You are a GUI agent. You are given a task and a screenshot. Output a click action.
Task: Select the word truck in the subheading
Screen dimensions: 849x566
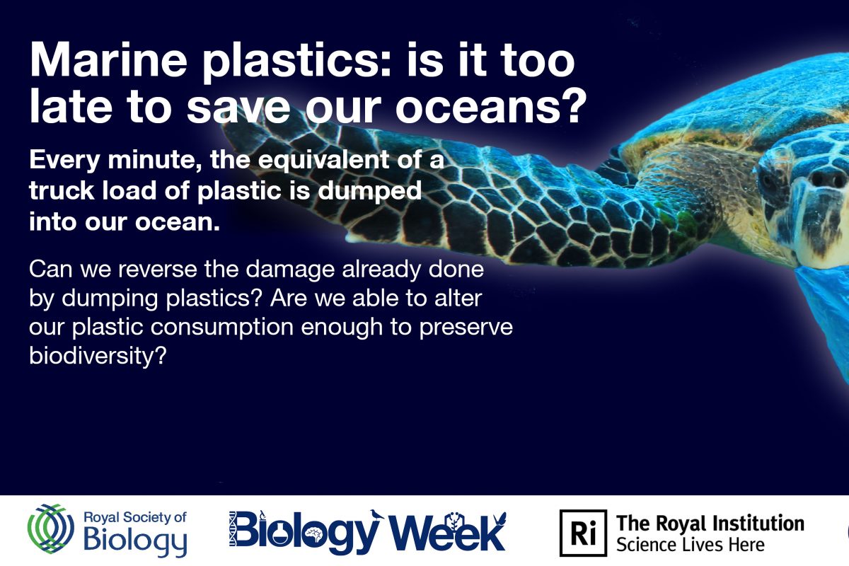(62, 190)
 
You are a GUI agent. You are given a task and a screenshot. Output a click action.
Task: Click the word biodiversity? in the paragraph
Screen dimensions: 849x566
(98, 355)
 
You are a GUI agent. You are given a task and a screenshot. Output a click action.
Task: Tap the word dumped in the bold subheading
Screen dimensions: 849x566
(369, 191)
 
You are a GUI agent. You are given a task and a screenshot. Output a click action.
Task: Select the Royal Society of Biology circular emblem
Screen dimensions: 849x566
(51, 529)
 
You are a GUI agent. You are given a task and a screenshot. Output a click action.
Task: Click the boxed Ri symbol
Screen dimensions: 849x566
(583, 533)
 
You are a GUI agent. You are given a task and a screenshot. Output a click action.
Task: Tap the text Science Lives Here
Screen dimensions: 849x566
(691, 545)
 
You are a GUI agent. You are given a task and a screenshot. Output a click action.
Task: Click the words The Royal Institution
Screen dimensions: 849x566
(710, 524)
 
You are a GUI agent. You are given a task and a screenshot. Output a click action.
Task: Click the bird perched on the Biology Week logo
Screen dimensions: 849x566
(376, 514)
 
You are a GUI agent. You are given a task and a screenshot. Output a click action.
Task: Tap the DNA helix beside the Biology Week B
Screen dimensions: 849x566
(233, 529)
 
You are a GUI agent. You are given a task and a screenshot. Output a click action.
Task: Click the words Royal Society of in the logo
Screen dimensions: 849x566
(135, 518)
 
